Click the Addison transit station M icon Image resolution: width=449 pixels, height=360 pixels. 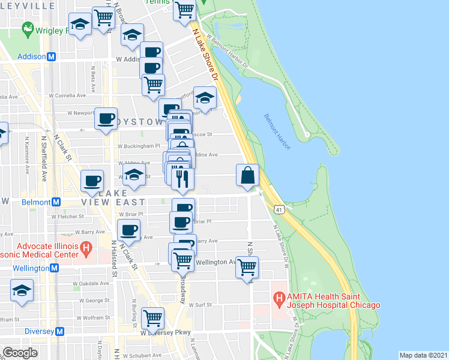[x=52, y=56]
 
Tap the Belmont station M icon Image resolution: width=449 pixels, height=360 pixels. [x=56, y=202]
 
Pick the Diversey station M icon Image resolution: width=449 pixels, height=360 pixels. [x=59, y=331]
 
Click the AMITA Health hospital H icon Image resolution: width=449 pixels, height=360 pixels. [x=278, y=297]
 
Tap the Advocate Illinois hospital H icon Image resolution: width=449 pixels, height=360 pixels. [x=86, y=247]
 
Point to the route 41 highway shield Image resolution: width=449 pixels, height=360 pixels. [x=278, y=208]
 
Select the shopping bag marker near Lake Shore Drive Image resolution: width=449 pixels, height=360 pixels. [x=248, y=176]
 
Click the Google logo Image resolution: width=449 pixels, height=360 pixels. [x=20, y=352]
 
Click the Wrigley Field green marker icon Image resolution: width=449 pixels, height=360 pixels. [x=26, y=28]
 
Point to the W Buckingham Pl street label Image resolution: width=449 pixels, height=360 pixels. [x=139, y=146]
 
